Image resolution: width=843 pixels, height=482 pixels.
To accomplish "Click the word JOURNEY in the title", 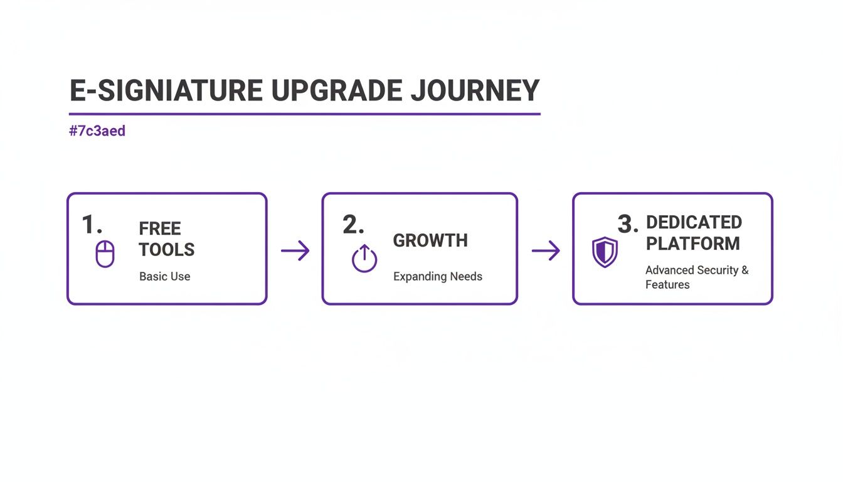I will [475, 92].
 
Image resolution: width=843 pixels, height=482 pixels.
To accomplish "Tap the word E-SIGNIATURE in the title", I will [166, 92].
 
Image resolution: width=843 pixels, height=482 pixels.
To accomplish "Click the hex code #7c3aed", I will [97, 131].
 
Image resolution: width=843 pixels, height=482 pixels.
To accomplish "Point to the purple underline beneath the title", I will [304, 114].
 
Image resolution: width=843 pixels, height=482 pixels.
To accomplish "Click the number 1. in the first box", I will [92, 225].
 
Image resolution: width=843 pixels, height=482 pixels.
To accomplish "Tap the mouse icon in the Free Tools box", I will [105, 254].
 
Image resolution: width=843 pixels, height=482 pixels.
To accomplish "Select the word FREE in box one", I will [160, 228].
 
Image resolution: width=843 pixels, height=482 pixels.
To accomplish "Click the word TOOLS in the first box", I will [167, 250].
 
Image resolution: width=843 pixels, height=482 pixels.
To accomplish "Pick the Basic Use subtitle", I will [164, 276].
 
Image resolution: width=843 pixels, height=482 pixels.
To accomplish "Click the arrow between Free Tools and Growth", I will [295, 251].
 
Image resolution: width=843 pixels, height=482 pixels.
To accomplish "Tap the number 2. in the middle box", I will [353, 225].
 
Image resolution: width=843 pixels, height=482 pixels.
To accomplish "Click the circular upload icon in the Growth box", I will [364, 259].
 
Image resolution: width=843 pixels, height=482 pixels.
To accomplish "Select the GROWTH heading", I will [430, 240].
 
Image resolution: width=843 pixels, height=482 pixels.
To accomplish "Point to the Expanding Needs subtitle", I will [438, 276].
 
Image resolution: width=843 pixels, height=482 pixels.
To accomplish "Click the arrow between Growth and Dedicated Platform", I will [546, 251].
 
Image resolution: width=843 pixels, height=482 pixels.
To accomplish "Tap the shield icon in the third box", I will [605, 252].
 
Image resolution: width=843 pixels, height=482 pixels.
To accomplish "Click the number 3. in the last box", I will [628, 223].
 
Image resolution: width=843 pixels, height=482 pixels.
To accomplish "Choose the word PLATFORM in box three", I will [693, 244].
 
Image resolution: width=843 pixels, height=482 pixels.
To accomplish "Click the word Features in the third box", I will [667, 284].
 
